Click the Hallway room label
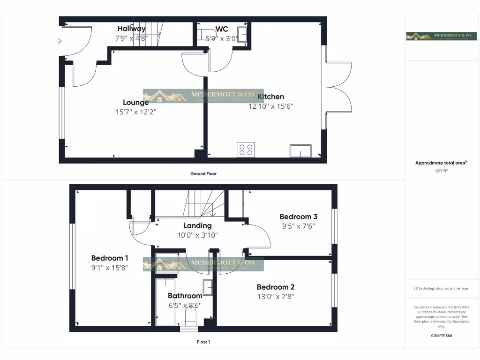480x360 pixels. [x=131, y=29]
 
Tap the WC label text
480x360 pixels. [x=222, y=29]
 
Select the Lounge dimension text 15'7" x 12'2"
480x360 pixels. [x=136, y=112]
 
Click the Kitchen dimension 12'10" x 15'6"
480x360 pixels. [x=271, y=106]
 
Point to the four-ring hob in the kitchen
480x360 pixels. [x=246, y=150]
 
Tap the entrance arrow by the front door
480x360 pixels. [x=59, y=41]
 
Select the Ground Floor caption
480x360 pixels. [x=203, y=173]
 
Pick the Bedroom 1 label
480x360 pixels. [x=110, y=258]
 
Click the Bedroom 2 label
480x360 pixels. [x=276, y=287]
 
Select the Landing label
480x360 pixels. [x=197, y=225]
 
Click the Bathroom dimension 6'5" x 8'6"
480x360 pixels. [x=185, y=305]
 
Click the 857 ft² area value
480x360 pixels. [x=442, y=171]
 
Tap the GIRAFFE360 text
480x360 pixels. [x=441, y=336]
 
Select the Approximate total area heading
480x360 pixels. [x=441, y=163]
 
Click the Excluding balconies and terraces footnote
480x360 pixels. [x=441, y=288]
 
